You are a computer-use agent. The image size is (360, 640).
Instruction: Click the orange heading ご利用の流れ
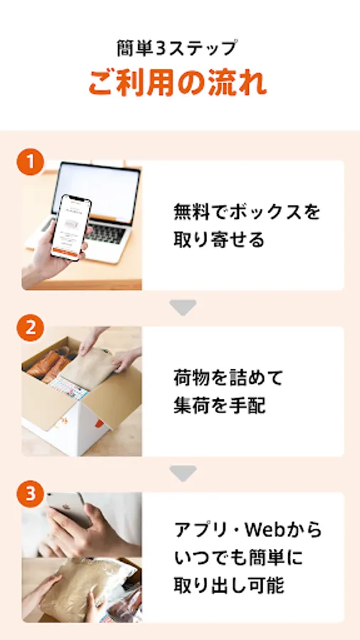(178, 83)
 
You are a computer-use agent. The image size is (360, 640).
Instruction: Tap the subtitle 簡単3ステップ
(176, 48)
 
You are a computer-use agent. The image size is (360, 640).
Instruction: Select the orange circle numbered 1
(30, 162)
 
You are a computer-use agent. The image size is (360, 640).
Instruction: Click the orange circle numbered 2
(30, 328)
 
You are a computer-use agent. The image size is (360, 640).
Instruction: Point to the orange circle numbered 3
(30, 494)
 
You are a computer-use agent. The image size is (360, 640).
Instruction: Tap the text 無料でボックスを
(247, 212)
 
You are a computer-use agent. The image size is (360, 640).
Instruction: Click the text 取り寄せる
(219, 240)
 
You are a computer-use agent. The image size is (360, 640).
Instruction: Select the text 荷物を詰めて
(228, 378)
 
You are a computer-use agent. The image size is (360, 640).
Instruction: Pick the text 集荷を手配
(220, 406)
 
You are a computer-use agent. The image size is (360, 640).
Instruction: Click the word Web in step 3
(267, 530)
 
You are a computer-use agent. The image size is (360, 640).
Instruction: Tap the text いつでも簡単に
(238, 558)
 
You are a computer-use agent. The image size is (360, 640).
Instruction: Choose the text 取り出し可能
(228, 586)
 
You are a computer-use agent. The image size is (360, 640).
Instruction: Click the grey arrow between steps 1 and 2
(183, 308)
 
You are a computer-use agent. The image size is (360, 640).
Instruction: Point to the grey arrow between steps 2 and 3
(183, 474)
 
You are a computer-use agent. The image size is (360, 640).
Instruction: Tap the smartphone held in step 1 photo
(70, 228)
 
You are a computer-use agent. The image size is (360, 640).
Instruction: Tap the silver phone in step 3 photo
(68, 508)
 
